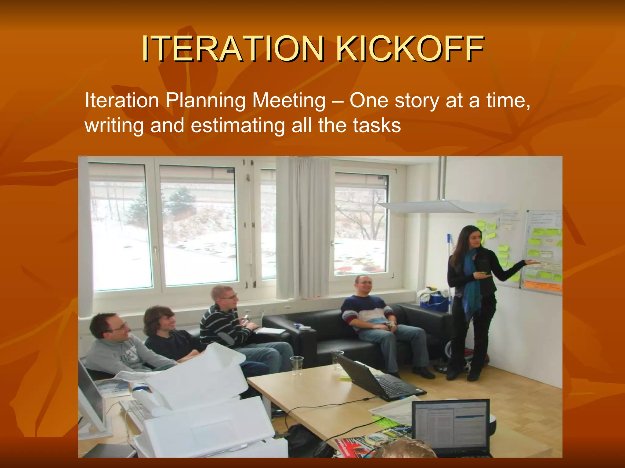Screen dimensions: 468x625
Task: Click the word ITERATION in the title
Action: coord(232,49)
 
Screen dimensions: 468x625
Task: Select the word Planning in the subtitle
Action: coord(205,101)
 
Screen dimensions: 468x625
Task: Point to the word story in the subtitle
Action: coord(417,100)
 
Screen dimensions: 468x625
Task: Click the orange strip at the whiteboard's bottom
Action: coord(542,286)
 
